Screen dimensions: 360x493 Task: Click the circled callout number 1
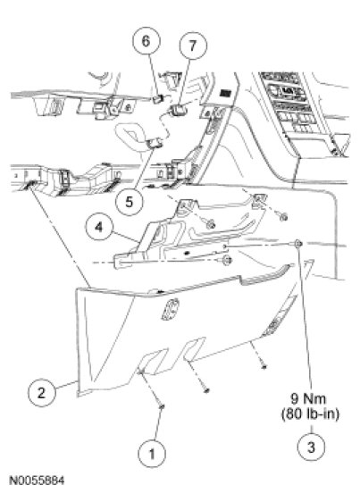(x=152, y=454)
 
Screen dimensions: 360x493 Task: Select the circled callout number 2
(x=41, y=393)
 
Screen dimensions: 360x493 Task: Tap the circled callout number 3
(x=311, y=447)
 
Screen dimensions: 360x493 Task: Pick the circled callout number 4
(x=99, y=226)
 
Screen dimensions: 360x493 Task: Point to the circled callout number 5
(x=130, y=202)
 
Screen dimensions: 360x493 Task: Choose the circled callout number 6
(x=146, y=41)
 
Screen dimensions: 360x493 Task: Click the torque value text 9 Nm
(x=308, y=398)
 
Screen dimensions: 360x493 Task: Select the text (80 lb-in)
(x=311, y=414)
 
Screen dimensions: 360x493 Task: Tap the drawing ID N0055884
(x=38, y=480)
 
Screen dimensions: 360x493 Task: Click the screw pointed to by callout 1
(x=162, y=407)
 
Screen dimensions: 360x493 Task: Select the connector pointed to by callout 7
(x=179, y=110)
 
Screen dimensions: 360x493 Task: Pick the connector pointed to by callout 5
(x=155, y=143)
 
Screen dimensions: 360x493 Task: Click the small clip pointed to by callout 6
(x=157, y=99)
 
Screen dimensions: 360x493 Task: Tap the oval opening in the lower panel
(x=170, y=309)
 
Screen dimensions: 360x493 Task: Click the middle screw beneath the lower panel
(x=206, y=390)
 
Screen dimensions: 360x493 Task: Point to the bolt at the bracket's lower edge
(x=228, y=260)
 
